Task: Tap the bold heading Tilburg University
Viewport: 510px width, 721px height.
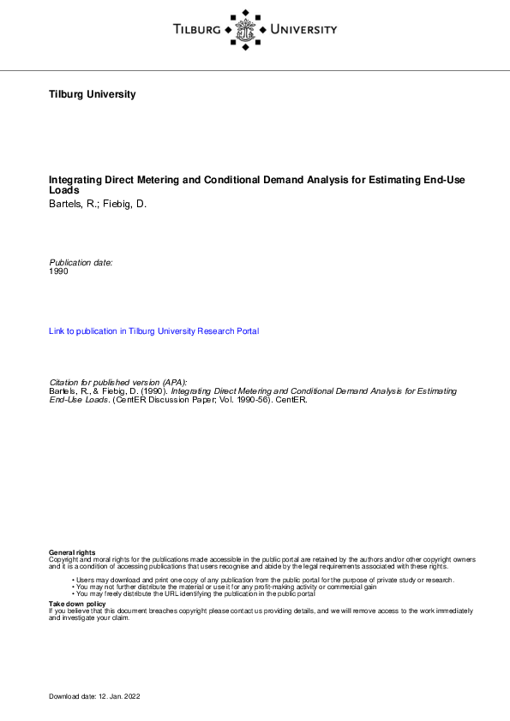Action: [93, 94]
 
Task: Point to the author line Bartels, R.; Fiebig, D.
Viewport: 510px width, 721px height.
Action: [98, 206]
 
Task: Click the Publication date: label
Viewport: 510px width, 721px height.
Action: [81, 262]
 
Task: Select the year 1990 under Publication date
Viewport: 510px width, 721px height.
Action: [58, 271]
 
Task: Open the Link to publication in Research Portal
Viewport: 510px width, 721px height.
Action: [153, 331]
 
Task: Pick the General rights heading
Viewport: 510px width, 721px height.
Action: [73, 552]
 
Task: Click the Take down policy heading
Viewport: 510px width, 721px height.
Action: [77, 604]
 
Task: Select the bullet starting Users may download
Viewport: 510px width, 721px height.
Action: [262, 580]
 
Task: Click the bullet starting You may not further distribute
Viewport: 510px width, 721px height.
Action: [225, 587]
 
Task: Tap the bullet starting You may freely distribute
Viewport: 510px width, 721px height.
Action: [195, 593]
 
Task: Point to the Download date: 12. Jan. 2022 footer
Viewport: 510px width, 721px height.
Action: [94, 696]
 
